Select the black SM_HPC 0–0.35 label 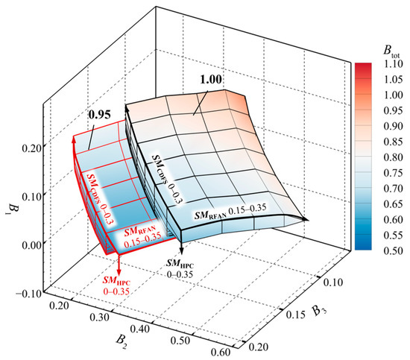(182, 269)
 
